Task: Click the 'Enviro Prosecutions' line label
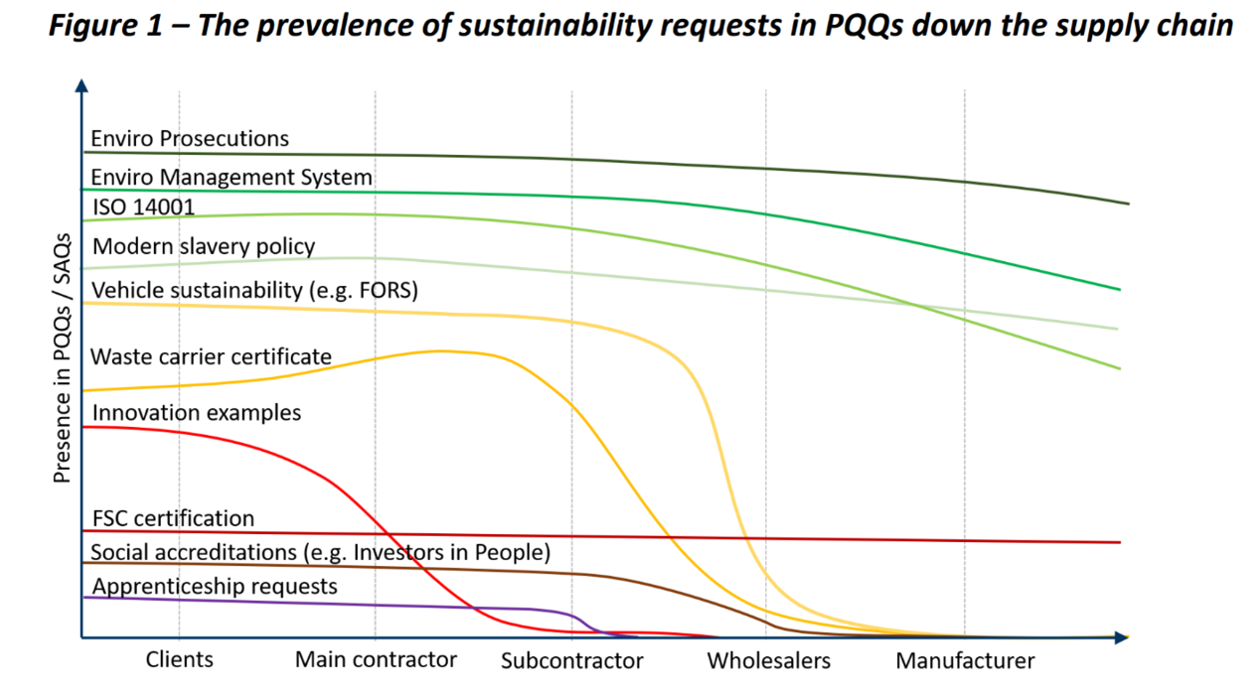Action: click(190, 138)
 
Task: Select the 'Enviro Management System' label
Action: click(232, 178)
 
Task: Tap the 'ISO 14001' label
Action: click(142, 207)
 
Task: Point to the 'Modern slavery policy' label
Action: click(204, 246)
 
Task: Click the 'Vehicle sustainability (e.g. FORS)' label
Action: click(254, 291)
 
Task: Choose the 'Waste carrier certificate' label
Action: click(211, 356)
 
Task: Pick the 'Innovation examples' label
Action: click(196, 412)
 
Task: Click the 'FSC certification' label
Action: click(173, 518)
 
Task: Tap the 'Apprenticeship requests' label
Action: click(214, 587)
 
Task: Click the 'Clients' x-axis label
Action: click(179, 660)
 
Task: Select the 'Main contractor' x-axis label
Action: click(376, 660)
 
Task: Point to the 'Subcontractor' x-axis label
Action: click(571, 661)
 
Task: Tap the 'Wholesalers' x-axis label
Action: click(768, 661)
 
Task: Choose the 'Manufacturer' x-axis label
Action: click(965, 661)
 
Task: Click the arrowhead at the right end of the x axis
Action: click(1122, 637)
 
